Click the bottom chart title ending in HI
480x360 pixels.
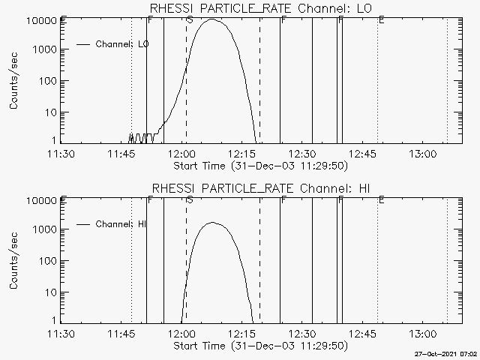(262, 187)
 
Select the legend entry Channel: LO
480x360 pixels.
(122, 44)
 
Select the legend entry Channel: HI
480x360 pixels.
(122, 224)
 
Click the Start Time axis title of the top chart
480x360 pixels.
(259, 165)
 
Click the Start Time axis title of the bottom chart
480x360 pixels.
(259, 346)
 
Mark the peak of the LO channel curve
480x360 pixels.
(212, 19)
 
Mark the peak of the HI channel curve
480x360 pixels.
(212, 223)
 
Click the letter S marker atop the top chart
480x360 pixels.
(189, 19)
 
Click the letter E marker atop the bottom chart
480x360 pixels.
(382, 199)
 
